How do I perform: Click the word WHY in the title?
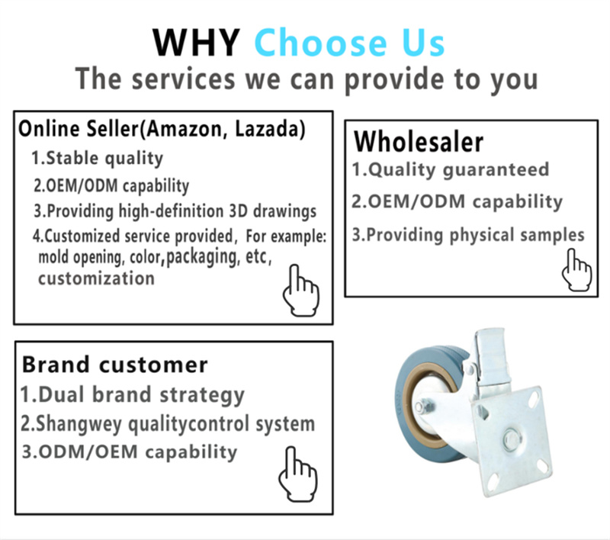coord(196,43)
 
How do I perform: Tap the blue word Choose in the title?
coord(320,42)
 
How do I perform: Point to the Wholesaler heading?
coord(419,142)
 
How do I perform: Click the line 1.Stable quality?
coord(98,159)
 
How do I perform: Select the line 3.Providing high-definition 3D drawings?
coord(175,211)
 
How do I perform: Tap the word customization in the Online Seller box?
coord(97,278)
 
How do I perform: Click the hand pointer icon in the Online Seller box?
coord(301,291)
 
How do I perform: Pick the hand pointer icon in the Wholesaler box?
coord(577,270)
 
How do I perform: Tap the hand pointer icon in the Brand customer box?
coord(298,474)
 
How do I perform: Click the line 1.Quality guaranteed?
coord(451,170)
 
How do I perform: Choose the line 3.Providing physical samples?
coord(468,235)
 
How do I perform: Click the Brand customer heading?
coord(115,365)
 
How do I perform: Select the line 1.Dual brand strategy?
coord(132,395)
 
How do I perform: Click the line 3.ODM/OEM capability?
coord(130,452)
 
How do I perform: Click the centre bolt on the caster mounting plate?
coord(511,439)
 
